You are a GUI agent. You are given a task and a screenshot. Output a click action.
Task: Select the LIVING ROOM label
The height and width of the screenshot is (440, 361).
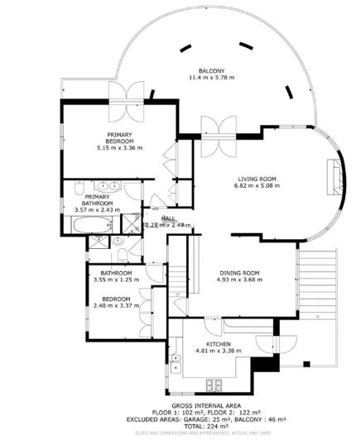(x=257, y=179)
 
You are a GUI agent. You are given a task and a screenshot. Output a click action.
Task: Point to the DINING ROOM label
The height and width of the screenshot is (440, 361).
(x=239, y=273)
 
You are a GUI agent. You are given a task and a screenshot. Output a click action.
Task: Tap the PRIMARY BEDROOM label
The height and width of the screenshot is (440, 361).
(x=120, y=138)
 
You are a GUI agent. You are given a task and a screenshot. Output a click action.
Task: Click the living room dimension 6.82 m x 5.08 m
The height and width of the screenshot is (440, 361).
(x=257, y=186)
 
